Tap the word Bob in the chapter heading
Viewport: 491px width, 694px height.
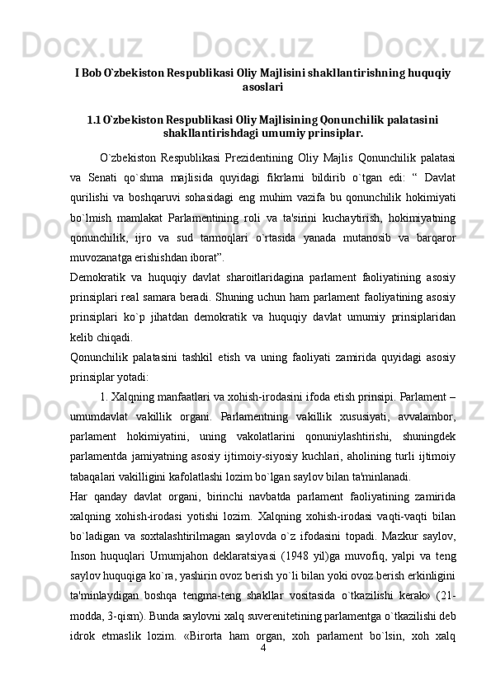pos(91,73)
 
